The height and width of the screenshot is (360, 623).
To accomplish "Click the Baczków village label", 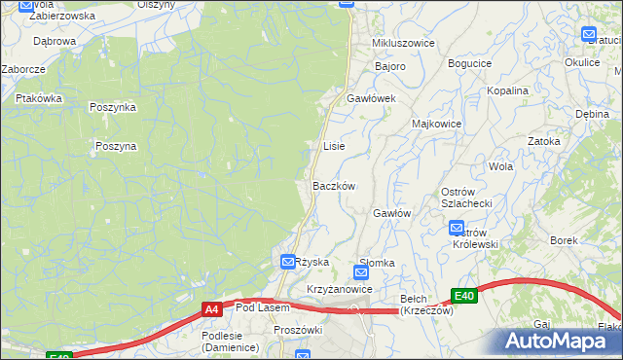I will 333,185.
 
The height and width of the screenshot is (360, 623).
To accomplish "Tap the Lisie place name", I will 333,146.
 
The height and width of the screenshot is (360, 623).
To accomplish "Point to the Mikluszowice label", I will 403,44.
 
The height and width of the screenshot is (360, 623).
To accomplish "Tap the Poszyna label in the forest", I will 116,146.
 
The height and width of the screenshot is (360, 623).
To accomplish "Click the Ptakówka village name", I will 39,98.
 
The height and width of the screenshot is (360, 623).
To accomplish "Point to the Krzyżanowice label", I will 340,290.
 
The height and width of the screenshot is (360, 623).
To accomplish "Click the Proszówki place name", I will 298,331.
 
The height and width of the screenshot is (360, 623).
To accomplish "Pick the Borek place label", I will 564,240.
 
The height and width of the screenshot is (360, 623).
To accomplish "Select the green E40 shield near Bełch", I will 464,296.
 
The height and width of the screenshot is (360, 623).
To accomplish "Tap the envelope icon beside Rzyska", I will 288,262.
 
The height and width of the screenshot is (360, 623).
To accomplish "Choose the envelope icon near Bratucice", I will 589,35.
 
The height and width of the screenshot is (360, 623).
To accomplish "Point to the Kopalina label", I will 508,90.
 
